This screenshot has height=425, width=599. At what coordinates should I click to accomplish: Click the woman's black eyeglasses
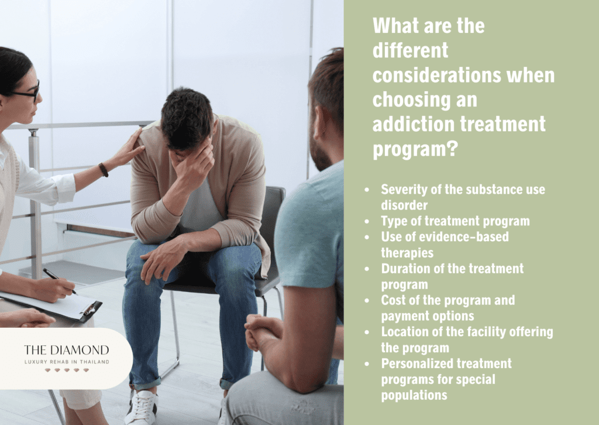pyautogui.click(x=28, y=92)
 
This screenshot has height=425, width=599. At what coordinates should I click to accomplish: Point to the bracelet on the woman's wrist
pyautogui.click(x=104, y=170)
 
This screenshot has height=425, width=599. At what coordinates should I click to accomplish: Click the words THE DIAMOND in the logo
pyautogui.click(x=66, y=350)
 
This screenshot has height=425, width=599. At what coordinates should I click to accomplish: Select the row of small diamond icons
pyautogui.click(x=66, y=371)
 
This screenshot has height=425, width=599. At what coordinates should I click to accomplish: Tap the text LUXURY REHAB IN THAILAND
pyautogui.click(x=66, y=362)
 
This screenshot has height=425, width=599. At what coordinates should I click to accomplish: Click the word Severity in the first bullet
pyautogui.click(x=403, y=190)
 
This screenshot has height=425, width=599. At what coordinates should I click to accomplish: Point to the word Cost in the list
pyautogui.click(x=394, y=300)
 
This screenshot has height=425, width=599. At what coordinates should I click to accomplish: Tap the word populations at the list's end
pyautogui.click(x=414, y=395)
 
